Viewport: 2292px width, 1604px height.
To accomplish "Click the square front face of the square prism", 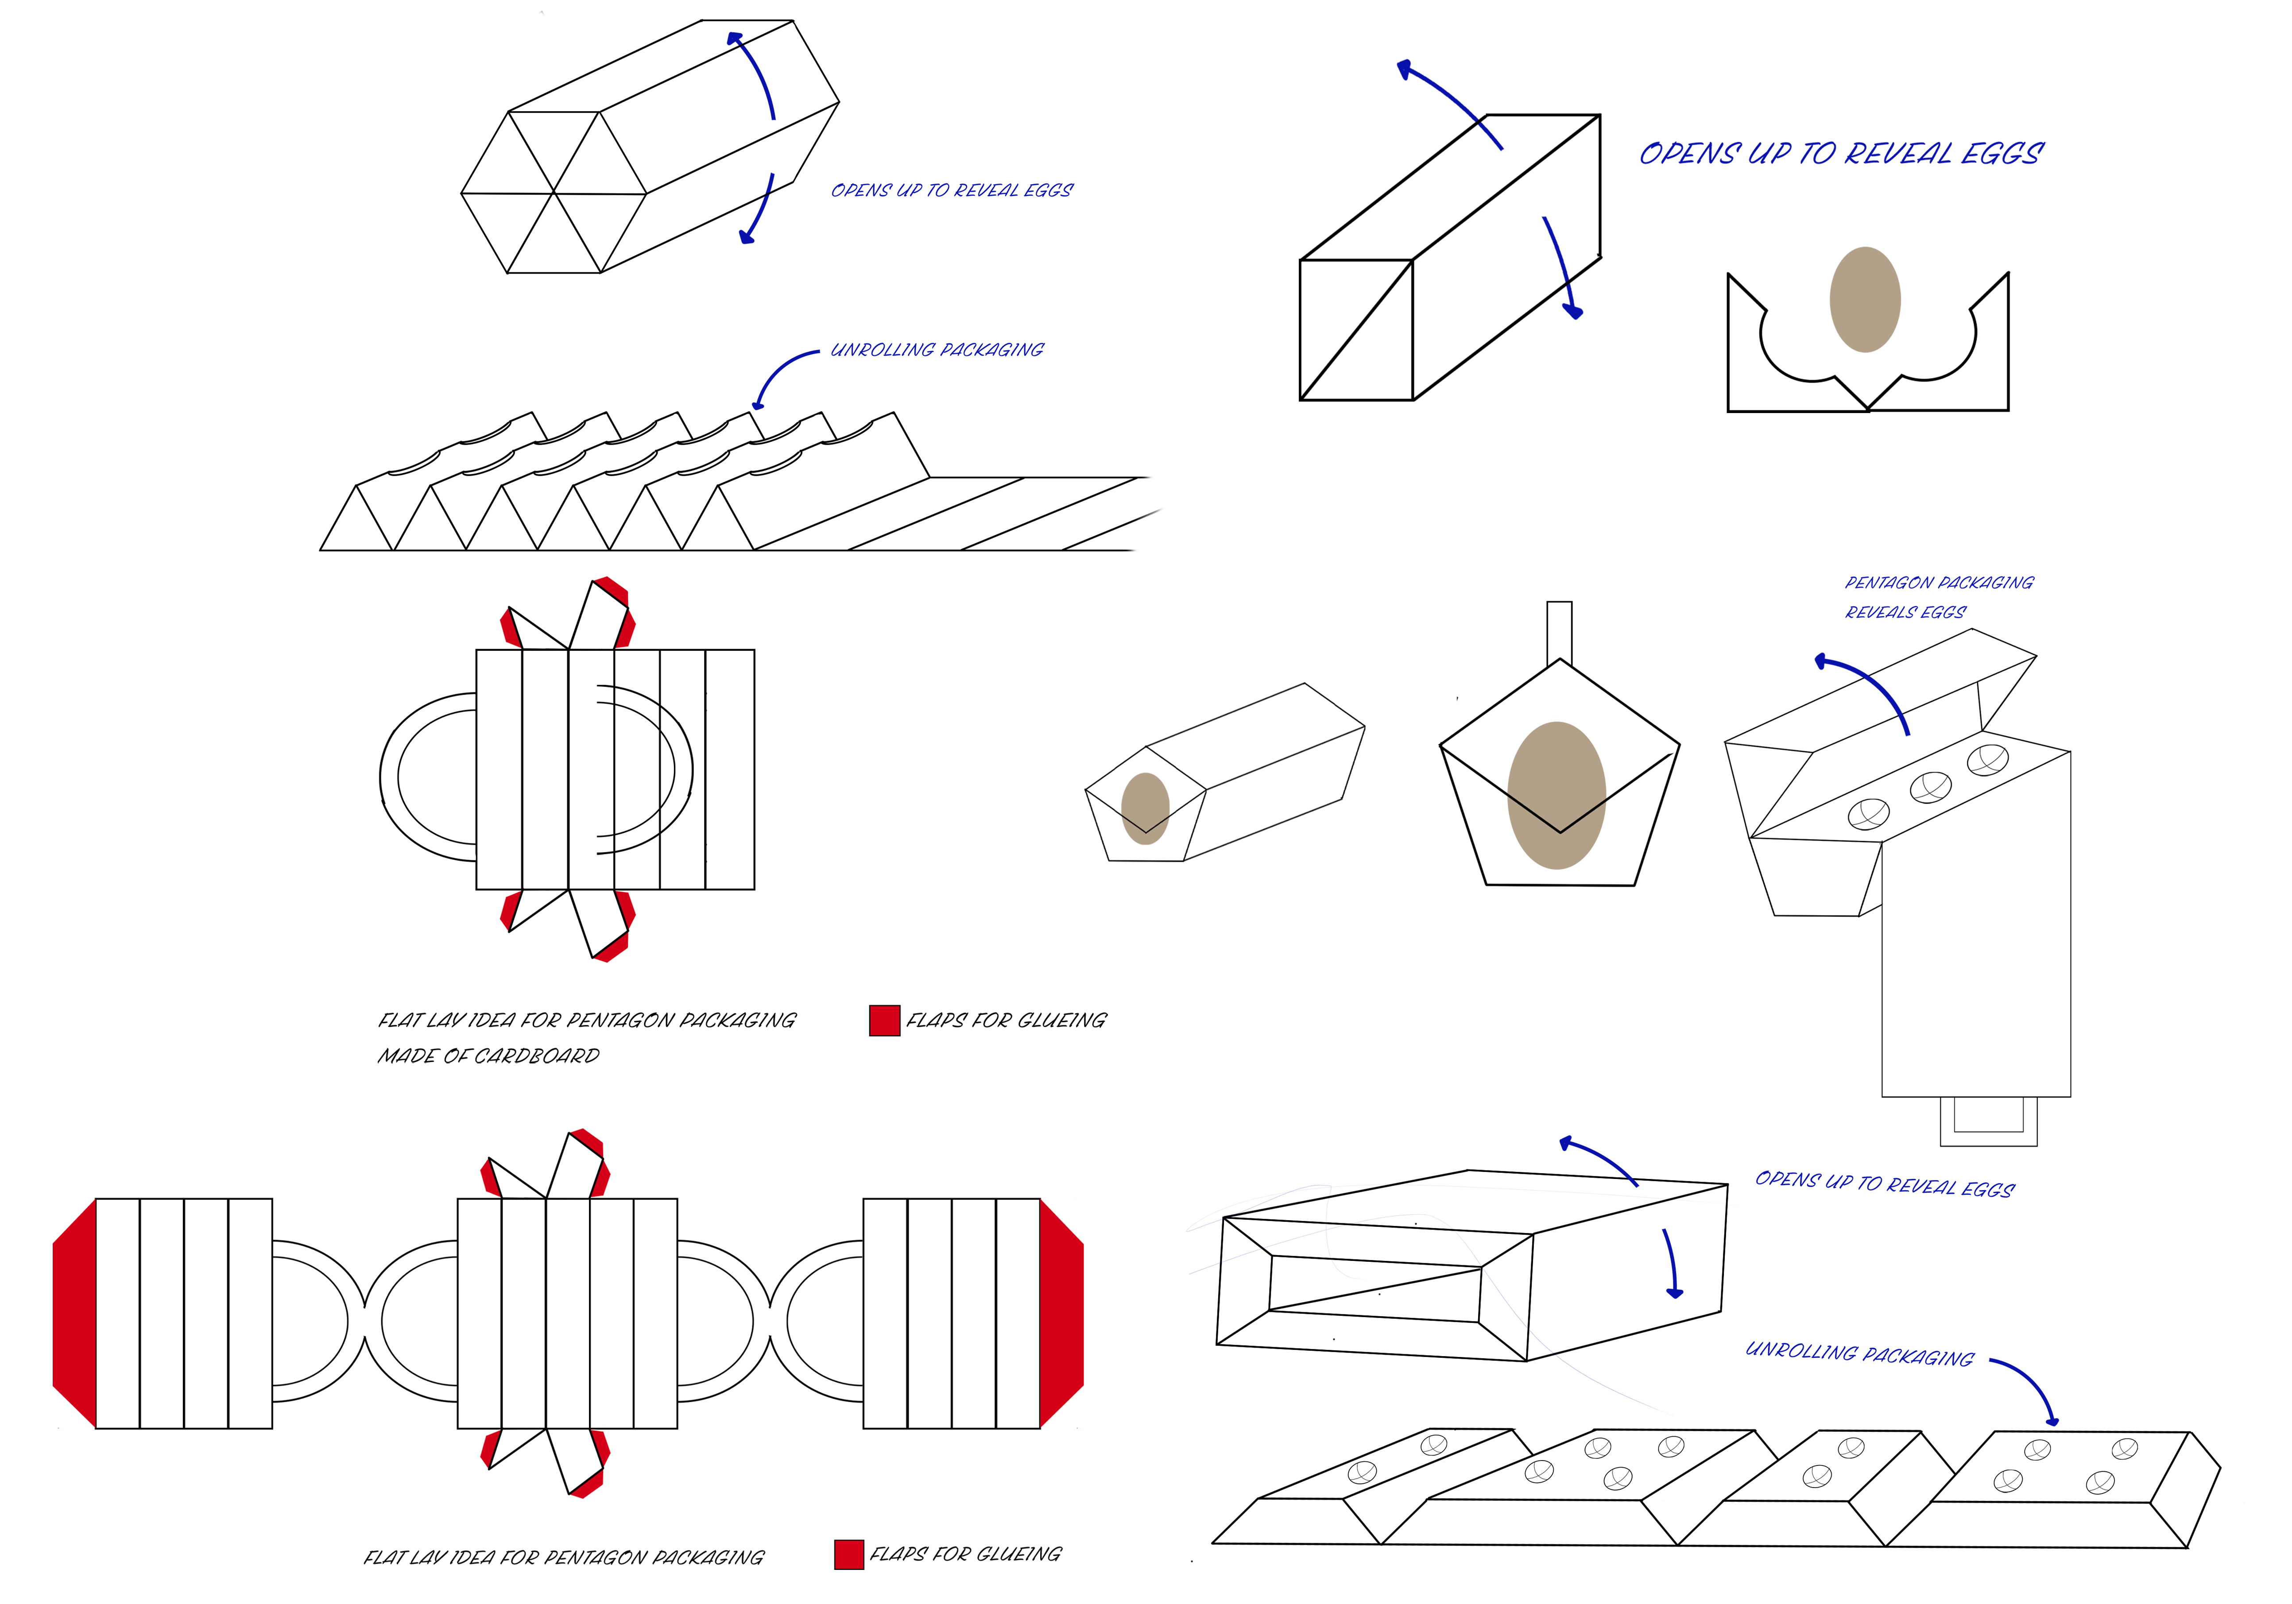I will [x=1355, y=329].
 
